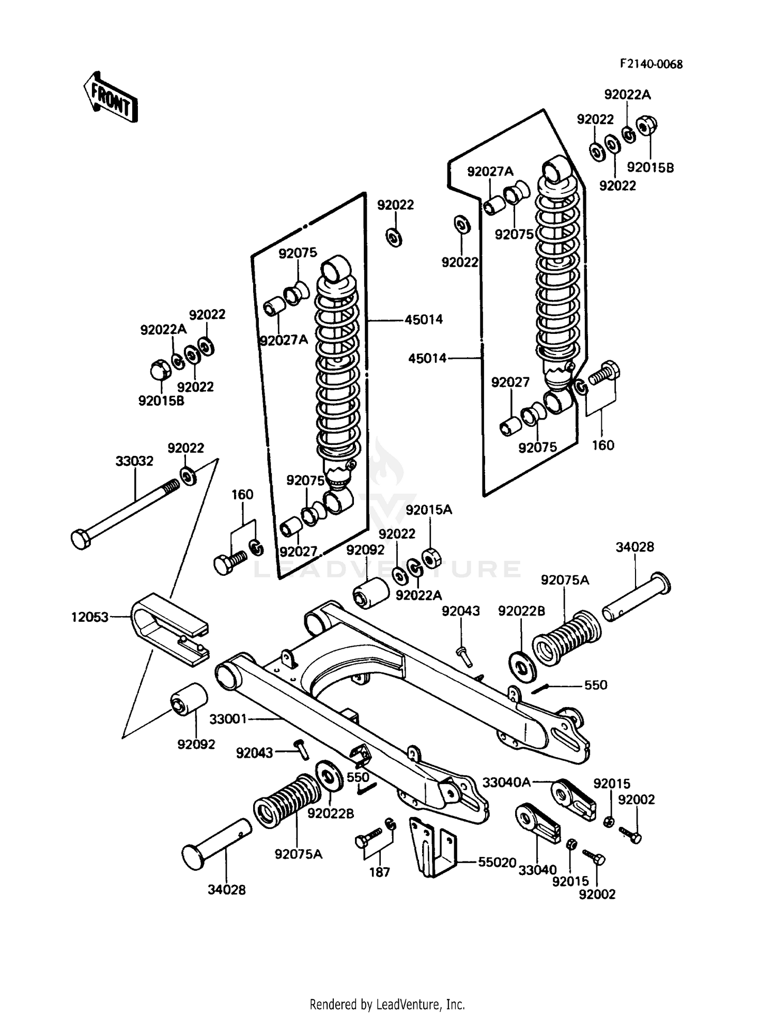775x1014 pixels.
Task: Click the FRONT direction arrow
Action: pyautogui.click(x=111, y=97)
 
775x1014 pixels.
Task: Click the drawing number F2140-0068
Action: pyautogui.click(x=651, y=64)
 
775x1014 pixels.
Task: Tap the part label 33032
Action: pyautogui.click(x=134, y=461)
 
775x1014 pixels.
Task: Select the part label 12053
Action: pyautogui.click(x=90, y=617)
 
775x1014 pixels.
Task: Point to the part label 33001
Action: pyautogui.click(x=228, y=719)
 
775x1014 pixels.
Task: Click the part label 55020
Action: pyautogui.click(x=497, y=862)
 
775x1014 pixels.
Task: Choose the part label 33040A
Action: pyautogui.click(x=506, y=782)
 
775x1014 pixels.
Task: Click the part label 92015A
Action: pyautogui.click(x=429, y=510)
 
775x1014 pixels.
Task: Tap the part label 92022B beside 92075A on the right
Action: pyautogui.click(x=521, y=611)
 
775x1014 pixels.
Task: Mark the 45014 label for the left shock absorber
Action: pyautogui.click(x=423, y=319)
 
